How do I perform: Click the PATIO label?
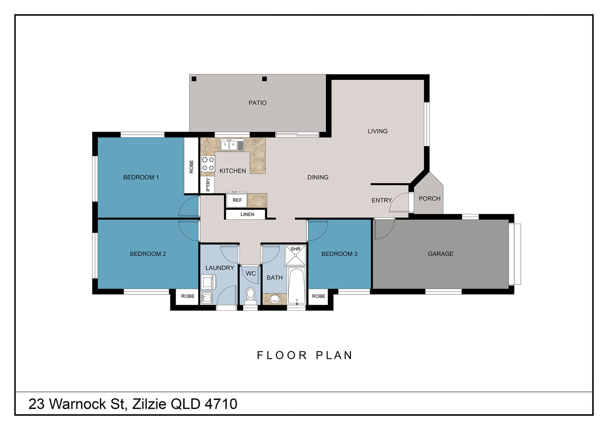pos(257,103)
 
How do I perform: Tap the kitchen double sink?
pos(232,145)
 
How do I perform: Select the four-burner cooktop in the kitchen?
pos(208,164)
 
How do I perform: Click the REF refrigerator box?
pos(237,200)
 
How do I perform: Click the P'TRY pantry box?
pos(208,185)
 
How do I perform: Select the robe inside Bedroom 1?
pos(191,166)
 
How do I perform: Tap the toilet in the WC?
pos(250,296)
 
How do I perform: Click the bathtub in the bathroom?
pos(297,286)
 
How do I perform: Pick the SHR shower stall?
pos(295,255)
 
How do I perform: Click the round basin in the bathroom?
pos(275,299)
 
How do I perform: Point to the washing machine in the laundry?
pos(208,282)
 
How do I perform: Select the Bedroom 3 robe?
pos(318,296)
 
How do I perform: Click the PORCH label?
pos(429,199)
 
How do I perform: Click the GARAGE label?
pos(440,254)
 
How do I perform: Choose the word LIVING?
pos(378,131)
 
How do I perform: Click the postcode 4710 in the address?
pos(221,404)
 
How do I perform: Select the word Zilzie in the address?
pos(149,404)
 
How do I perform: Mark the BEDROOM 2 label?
pos(148,254)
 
